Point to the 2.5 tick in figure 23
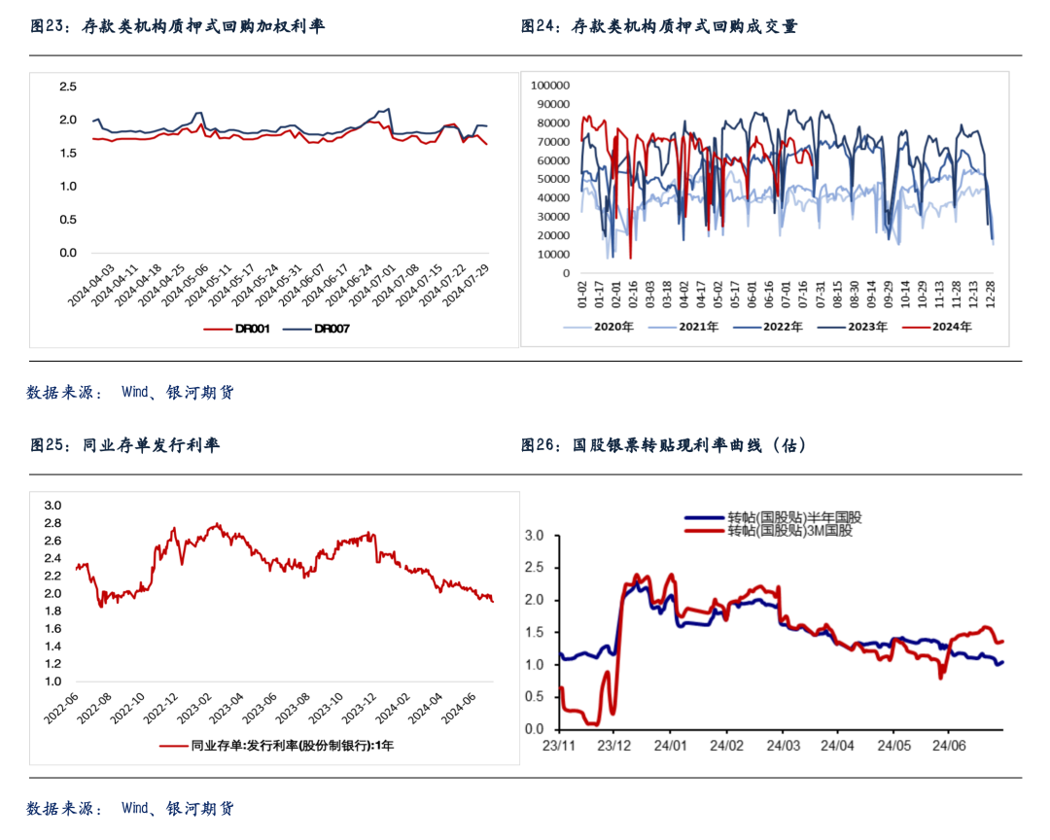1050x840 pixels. [68, 87]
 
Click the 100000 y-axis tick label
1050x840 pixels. [551, 86]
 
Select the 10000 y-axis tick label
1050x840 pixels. [554, 255]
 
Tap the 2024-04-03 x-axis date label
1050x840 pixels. [91, 284]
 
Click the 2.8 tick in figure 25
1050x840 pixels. [53, 523]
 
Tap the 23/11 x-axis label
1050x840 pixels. [557, 746]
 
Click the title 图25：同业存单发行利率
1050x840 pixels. [125, 445]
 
